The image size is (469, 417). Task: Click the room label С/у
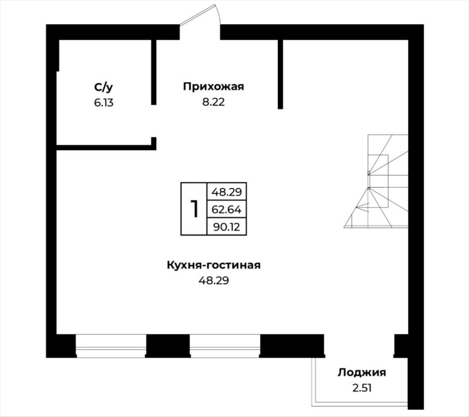tap(104, 87)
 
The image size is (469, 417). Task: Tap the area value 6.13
tap(104, 103)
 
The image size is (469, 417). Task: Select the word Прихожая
tap(213, 87)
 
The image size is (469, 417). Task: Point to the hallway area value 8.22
tap(213, 102)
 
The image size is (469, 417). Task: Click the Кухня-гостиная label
tap(213, 265)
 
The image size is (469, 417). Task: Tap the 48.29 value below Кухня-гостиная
tap(213, 281)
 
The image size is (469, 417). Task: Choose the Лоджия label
tap(362, 373)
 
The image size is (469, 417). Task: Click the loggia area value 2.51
tap(362, 388)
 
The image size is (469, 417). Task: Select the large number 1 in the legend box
tap(194, 209)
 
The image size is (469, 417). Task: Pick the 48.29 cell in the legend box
tap(226, 192)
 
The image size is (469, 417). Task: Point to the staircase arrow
tap(363, 206)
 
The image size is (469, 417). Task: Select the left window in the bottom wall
tap(111, 346)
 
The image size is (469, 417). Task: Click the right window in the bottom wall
tap(225, 346)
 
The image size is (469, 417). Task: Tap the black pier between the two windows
tap(168, 346)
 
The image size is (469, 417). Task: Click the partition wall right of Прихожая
tap(280, 74)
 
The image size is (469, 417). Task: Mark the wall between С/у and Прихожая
tap(154, 72)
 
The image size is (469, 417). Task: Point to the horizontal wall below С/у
tap(106, 147)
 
